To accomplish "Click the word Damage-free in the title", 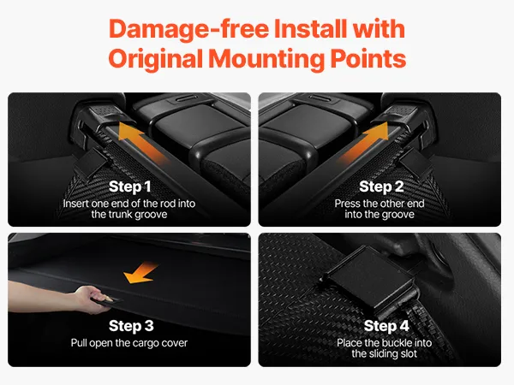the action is (188, 30).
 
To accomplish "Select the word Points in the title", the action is (368, 59).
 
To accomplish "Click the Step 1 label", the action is (130, 187).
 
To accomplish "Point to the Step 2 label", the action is (381, 187).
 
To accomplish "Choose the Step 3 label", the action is (131, 326).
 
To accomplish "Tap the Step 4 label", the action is (386, 326).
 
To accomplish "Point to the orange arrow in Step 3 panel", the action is (140, 273).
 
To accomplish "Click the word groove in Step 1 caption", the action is (152, 215).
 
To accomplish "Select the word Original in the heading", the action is (155, 60).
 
